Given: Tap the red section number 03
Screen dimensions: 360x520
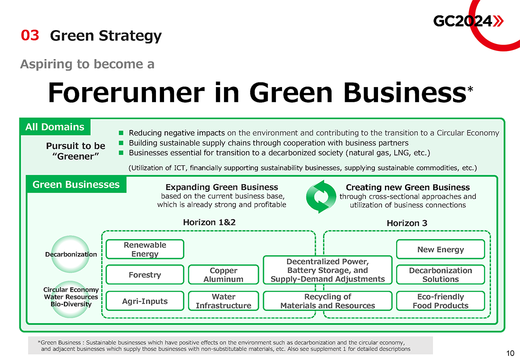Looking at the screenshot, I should click(29, 35).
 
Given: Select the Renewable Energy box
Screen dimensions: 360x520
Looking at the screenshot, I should click(145, 249).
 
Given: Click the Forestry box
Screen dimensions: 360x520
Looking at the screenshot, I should click(145, 274).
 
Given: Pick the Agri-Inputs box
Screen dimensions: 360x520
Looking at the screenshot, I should click(145, 301).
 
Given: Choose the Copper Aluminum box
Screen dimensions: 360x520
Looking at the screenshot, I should click(223, 274).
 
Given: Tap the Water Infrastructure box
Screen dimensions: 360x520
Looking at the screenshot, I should click(223, 301).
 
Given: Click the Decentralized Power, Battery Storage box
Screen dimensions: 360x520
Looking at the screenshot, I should click(327, 270).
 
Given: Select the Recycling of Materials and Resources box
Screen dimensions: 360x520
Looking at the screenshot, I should click(327, 301).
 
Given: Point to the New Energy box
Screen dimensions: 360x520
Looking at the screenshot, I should click(440, 249).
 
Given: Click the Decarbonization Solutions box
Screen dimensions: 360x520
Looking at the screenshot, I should click(440, 274).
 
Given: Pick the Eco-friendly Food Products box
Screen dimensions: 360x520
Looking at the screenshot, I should click(440, 301).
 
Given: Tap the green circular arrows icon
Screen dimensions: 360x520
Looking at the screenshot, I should click(318, 196).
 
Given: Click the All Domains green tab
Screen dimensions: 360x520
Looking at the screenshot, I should click(55, 127).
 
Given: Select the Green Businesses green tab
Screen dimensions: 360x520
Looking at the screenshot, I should click(76, 184).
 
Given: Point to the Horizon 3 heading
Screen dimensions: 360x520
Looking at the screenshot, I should click(407, 223).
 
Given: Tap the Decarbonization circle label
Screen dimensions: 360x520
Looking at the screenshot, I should click(71, 254).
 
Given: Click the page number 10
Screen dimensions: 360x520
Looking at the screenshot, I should click(510, 353).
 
